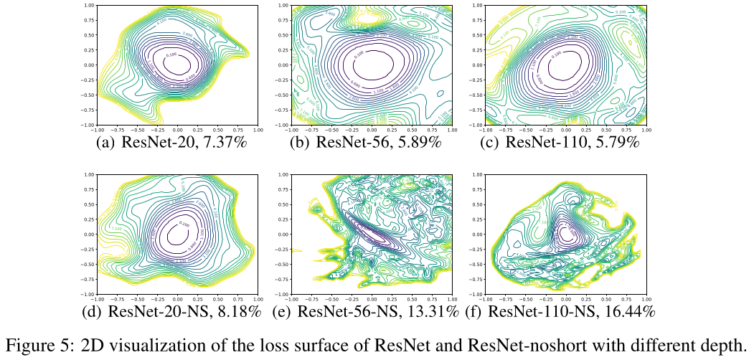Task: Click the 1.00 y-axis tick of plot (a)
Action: [90, 5]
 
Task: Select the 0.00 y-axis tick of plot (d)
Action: [90, 234]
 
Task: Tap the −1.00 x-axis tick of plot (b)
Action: [291, 130]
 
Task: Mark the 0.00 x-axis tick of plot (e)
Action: [372, 299]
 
